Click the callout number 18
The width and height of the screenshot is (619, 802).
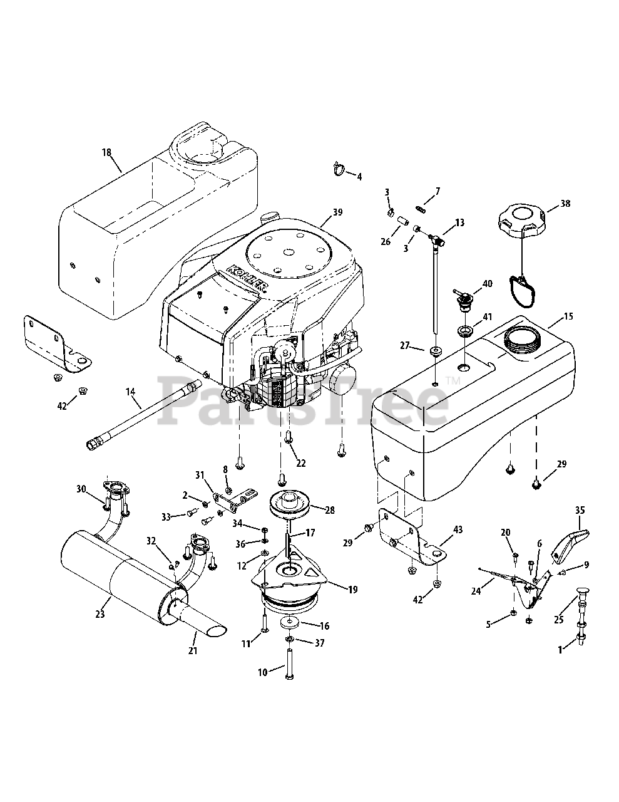click(x=106, y=152)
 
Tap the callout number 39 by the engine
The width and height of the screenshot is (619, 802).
click(x=337, y=212)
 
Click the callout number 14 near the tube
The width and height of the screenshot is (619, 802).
click(x=131, y=392)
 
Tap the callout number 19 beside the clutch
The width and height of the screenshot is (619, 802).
click(x=353, y=590)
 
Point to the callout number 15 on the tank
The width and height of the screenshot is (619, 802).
click(x=568, y=316)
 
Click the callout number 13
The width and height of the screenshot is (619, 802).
click(x=459, y=222)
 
